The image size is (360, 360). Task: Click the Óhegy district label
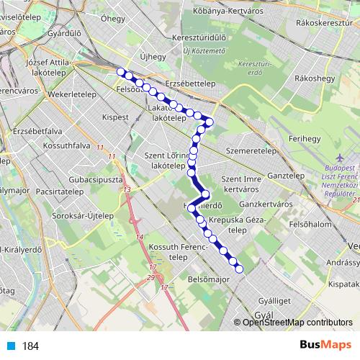[113, 19]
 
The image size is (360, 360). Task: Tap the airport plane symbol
[339, 158]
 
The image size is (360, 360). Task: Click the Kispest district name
[114, 115]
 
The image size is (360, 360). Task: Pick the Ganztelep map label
[286, 176]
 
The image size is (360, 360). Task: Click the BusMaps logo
[325, 346]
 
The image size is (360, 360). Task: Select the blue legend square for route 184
[11, 346]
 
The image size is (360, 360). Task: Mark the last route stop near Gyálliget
[240, 270]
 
